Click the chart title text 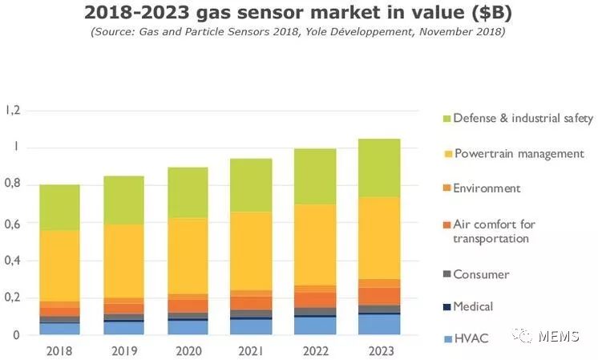299,13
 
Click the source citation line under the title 299,32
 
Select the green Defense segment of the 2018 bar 59,208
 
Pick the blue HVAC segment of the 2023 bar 379,325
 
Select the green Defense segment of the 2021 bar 252,185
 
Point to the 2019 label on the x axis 123,350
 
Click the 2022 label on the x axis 315,350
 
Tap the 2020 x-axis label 188,350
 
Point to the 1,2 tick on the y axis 12,110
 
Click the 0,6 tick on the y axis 12,223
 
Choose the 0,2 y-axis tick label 12,298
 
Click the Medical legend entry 473,306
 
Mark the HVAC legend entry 469,338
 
